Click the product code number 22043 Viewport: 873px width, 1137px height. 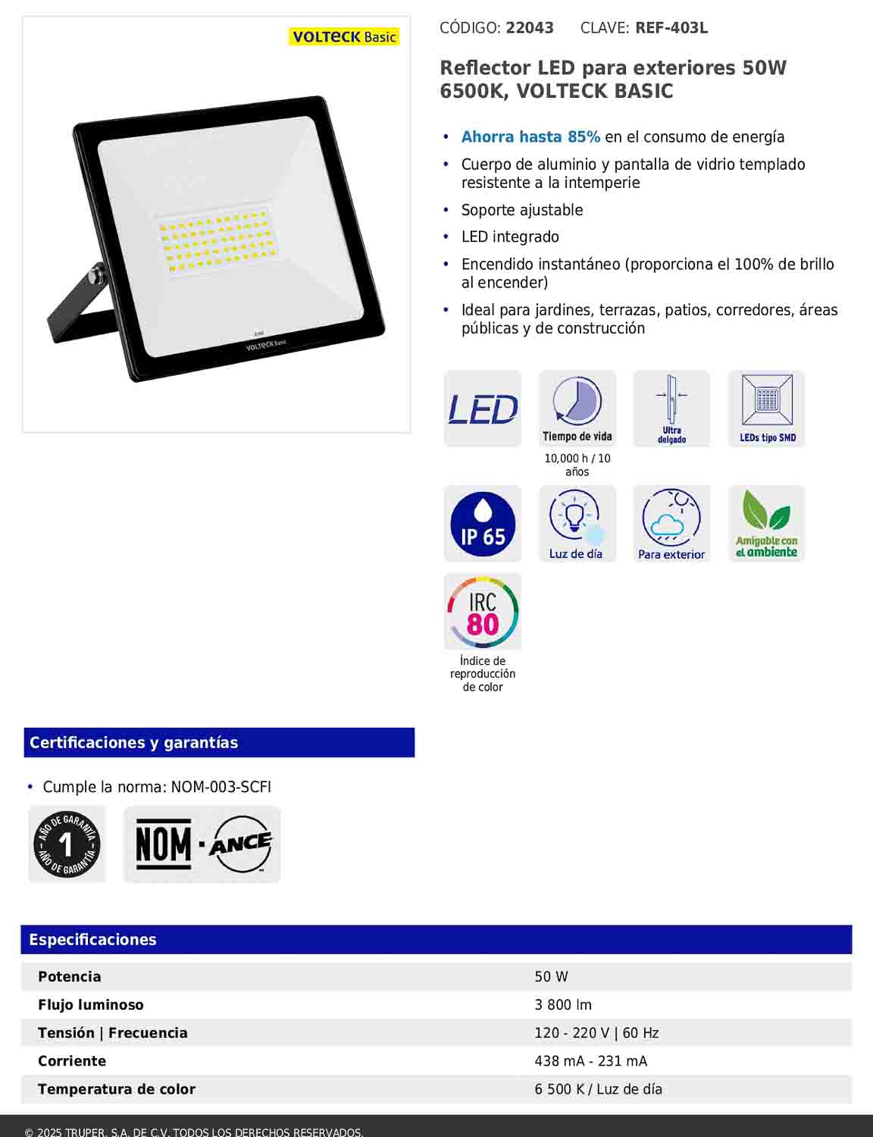[x=530, y=28]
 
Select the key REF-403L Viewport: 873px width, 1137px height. [x=671, y=28]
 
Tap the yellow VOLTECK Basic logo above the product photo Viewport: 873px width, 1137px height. [x=344, y=36]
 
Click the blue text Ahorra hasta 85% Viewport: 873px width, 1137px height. [x=530, y=137]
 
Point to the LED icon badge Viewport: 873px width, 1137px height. [x=483, y=409]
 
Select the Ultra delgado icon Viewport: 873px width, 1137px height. [x=671, y=409]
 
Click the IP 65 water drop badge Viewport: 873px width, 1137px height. [x=483, y=524]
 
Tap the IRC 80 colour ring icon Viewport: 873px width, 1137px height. [x=483, y=612]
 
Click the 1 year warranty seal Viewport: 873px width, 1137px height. [x=67, y=844]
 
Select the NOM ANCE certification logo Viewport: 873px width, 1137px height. [x=202, y=844]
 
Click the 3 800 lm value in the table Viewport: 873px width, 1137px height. [x=563, y=1005]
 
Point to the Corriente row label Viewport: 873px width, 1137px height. [x=72, y=1061]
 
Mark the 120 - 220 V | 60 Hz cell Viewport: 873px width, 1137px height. [x=596, y=1033]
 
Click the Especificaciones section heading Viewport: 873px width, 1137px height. [x=92, y=940]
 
